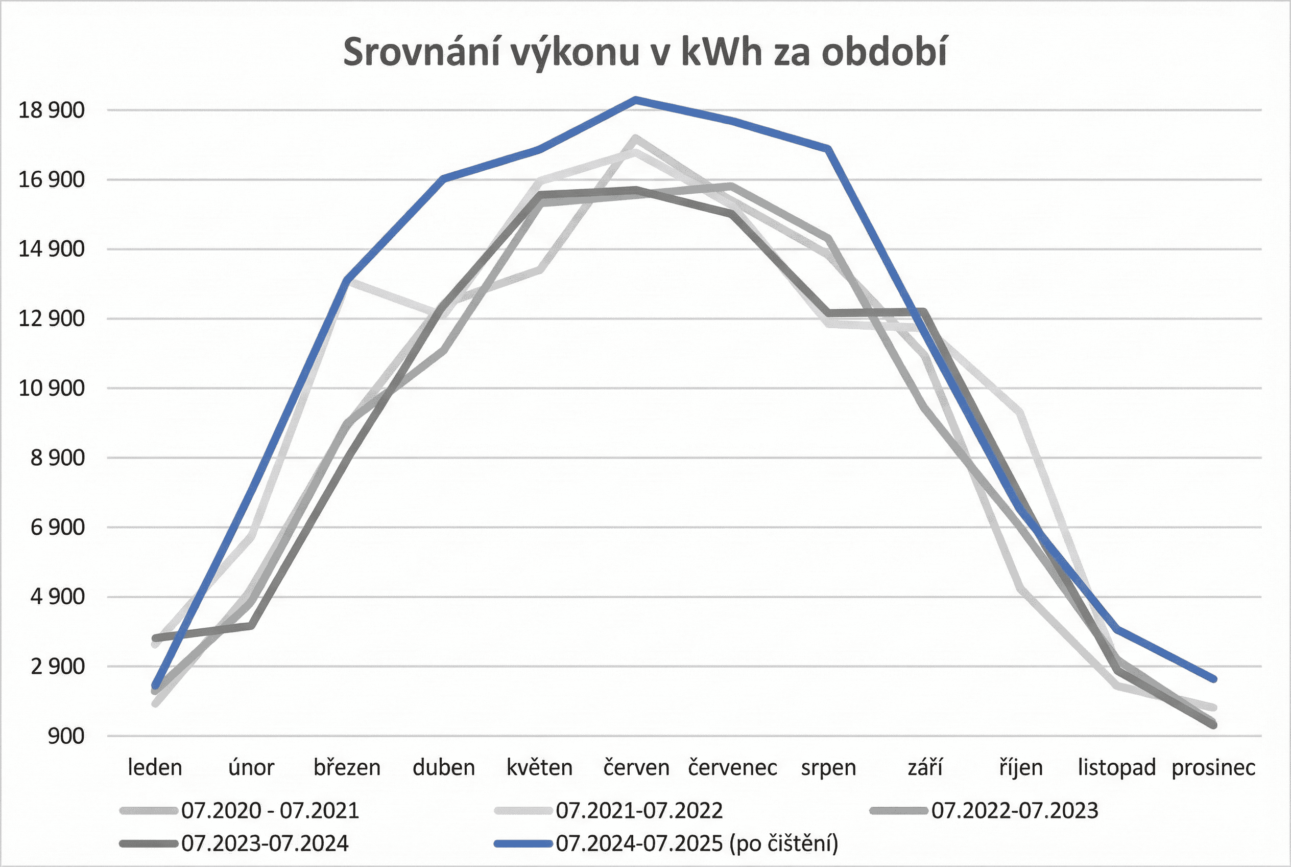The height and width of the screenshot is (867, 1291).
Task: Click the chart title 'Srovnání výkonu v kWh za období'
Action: (645, 53)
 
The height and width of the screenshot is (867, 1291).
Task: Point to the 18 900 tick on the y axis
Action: (52, 110)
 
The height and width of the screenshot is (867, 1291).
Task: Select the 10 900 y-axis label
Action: (52, 388)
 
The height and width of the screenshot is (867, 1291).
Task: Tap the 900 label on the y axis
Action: (66, 736)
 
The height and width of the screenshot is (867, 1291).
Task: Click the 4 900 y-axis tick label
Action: (57, 597)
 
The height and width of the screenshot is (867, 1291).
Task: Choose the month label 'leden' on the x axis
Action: (155, 767)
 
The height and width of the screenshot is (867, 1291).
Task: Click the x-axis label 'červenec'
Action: (732, 767)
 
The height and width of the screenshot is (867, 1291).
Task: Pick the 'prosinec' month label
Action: (1213, 767)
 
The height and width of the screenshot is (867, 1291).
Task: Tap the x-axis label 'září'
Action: (925, 767)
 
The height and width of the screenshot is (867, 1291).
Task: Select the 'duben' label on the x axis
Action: (444, 767)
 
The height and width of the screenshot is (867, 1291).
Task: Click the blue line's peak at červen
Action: (636, 100)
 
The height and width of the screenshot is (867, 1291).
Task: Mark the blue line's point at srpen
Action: (828, 148)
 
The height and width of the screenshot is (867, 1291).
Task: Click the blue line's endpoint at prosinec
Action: (1214, 679)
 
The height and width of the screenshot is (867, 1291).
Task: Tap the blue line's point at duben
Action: (444, 178)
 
